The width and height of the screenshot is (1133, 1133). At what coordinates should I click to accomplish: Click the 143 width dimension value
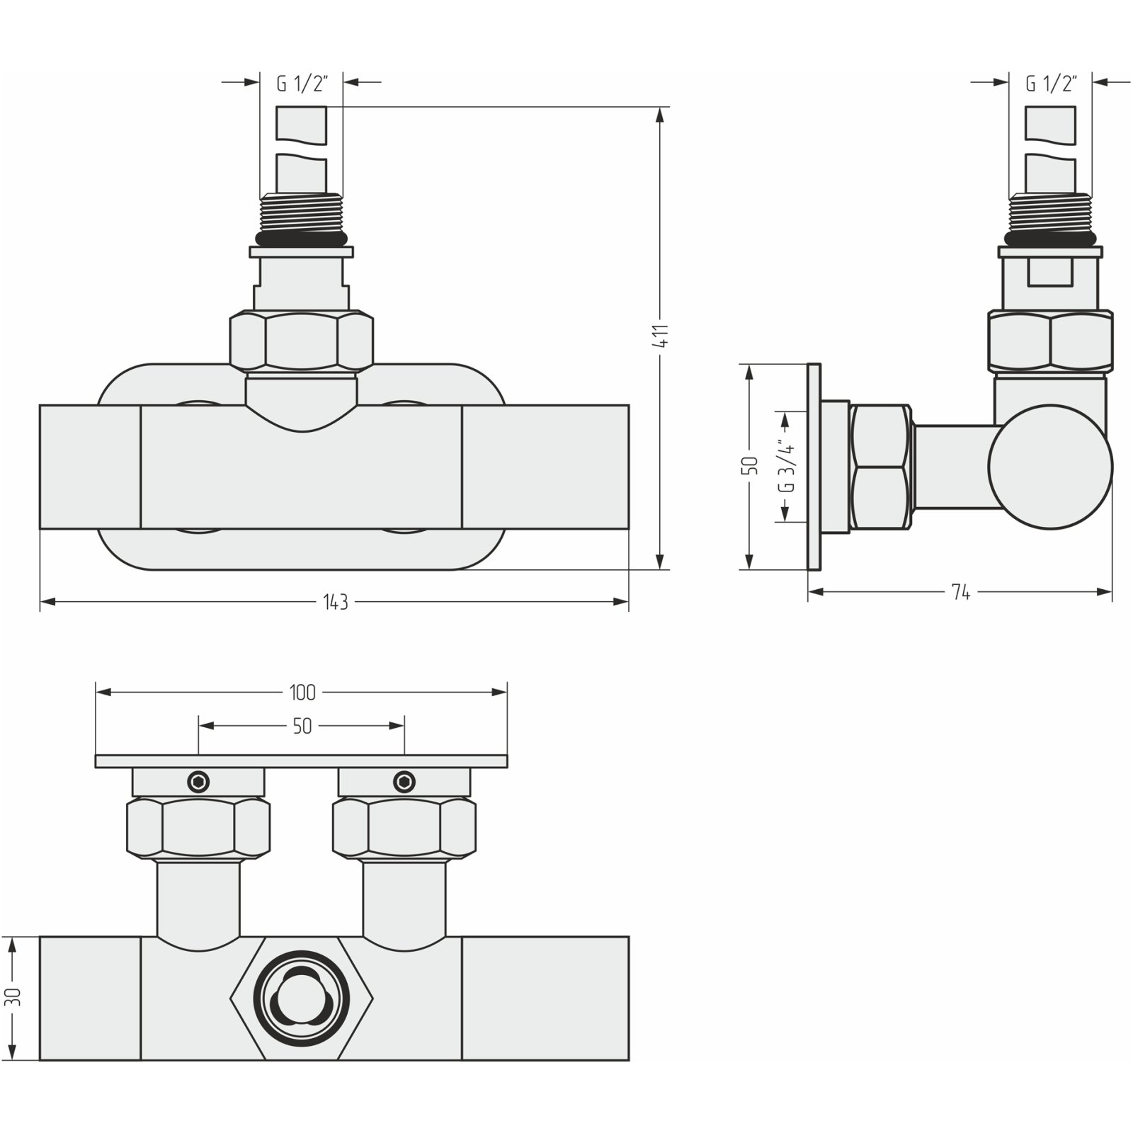[336, 602]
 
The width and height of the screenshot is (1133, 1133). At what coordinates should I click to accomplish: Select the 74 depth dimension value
[960, 593]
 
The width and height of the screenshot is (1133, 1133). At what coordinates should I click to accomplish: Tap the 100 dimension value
[302, 692]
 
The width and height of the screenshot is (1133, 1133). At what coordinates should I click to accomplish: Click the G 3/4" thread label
[785, 467]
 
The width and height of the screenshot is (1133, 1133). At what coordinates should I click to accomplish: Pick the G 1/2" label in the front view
[301, 84]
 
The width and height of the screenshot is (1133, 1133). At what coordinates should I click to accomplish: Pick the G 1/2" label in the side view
[1051, 84]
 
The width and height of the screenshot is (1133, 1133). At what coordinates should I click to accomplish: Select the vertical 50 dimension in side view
[752, 466]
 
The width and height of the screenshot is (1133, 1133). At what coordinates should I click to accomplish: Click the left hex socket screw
[198, 782]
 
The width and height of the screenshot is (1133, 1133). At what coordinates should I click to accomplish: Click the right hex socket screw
[404, 782]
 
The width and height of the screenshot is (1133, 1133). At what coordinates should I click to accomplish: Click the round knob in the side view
[1050, 467]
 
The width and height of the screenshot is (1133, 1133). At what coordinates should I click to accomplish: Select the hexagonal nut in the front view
[301, 341]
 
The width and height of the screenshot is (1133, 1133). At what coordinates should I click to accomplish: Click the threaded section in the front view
[301, 213]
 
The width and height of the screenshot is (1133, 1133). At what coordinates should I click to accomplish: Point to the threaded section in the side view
[1051, 213]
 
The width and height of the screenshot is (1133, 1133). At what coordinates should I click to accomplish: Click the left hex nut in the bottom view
[198, 827]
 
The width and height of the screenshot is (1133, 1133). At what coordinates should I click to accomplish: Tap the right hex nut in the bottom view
[404, 827]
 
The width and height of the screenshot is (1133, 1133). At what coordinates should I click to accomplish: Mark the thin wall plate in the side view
[814, 467]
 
